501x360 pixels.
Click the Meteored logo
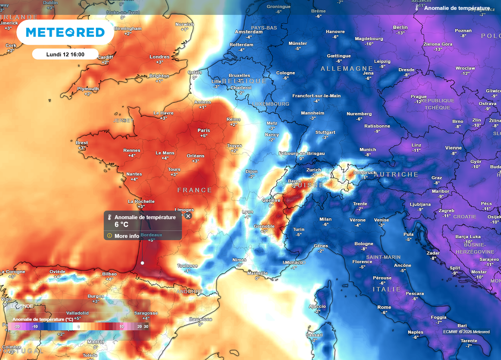tap(65, 32)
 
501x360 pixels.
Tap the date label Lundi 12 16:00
tap(65, 54)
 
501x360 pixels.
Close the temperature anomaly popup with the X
tap(188, 216)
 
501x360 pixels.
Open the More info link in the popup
tap(126, 236)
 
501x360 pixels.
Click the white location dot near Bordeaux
tap(142, 263)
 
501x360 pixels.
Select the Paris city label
tap(204, 130)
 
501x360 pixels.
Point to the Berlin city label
tap(400, 27)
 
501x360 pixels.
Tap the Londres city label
tap(159, 57)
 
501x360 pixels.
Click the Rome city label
tap(384, 307)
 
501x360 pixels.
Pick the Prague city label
tap(418, 97)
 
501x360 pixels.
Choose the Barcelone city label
tap(200, 319)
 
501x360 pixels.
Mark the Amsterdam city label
tap(249, 32)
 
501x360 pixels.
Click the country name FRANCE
tap(195, 190)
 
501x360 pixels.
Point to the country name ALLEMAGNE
tap(341, 68)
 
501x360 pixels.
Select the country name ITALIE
tap(387, 289)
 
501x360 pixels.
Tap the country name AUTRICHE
tap(396, 175)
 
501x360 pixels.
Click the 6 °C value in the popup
tap(121, 225)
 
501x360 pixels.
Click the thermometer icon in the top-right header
tap(417, 8)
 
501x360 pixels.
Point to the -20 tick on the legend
tap(17, 326)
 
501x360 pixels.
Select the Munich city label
tap(368, 149)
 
